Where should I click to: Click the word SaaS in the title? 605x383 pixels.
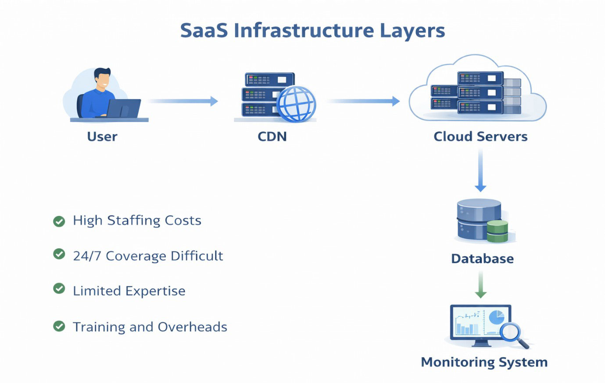click(204, 31)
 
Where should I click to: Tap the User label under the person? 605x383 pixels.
click(102, 136)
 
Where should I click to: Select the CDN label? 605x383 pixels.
click(272, 136)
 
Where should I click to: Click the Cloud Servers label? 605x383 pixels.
click(480, 136)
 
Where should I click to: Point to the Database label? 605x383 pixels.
click(482, 258)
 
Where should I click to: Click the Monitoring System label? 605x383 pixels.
click(484, 362)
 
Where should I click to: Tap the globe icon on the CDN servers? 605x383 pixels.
click(297, 104)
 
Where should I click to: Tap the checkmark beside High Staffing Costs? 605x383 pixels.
click(59, 221)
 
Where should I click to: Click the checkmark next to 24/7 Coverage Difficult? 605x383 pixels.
click(59, 254)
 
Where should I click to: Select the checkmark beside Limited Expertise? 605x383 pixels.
click(59, 289)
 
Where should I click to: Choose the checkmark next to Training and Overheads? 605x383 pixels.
click(59, 326)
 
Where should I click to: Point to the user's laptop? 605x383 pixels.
click(124, 108)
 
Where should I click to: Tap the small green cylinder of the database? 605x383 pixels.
click(497, 231)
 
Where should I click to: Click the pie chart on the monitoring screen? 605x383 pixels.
click(496, 317)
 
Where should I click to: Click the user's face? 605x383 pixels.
click(103, 81)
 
